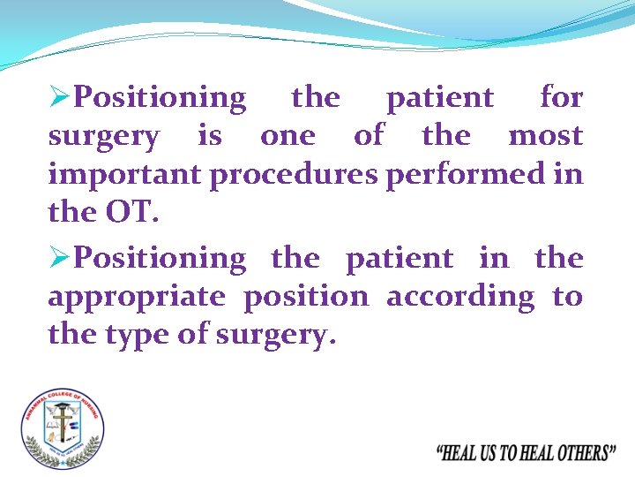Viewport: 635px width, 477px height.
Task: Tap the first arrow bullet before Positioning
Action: pyautogui.click(x=59, y=97)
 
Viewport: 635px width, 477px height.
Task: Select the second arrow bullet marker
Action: pyautogui.click(x=59, y=259)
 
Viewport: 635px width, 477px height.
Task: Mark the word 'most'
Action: pyautogui.click(x=545, y=136)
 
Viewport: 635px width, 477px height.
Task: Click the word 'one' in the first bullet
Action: pyautogui.click(x=287, y=137)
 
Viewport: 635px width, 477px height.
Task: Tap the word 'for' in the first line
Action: pyautogui.click(x=561, y=97)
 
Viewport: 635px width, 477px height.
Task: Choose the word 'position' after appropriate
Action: pyautogui.click(x=306, y=297)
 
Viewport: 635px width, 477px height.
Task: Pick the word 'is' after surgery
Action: pyautogui.click(x=210, y=136)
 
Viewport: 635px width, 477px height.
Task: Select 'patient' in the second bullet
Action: pyautogui.click(x=400, y=259)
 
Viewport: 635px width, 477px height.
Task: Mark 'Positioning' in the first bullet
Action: pyautogui.click(x=161, y=98)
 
